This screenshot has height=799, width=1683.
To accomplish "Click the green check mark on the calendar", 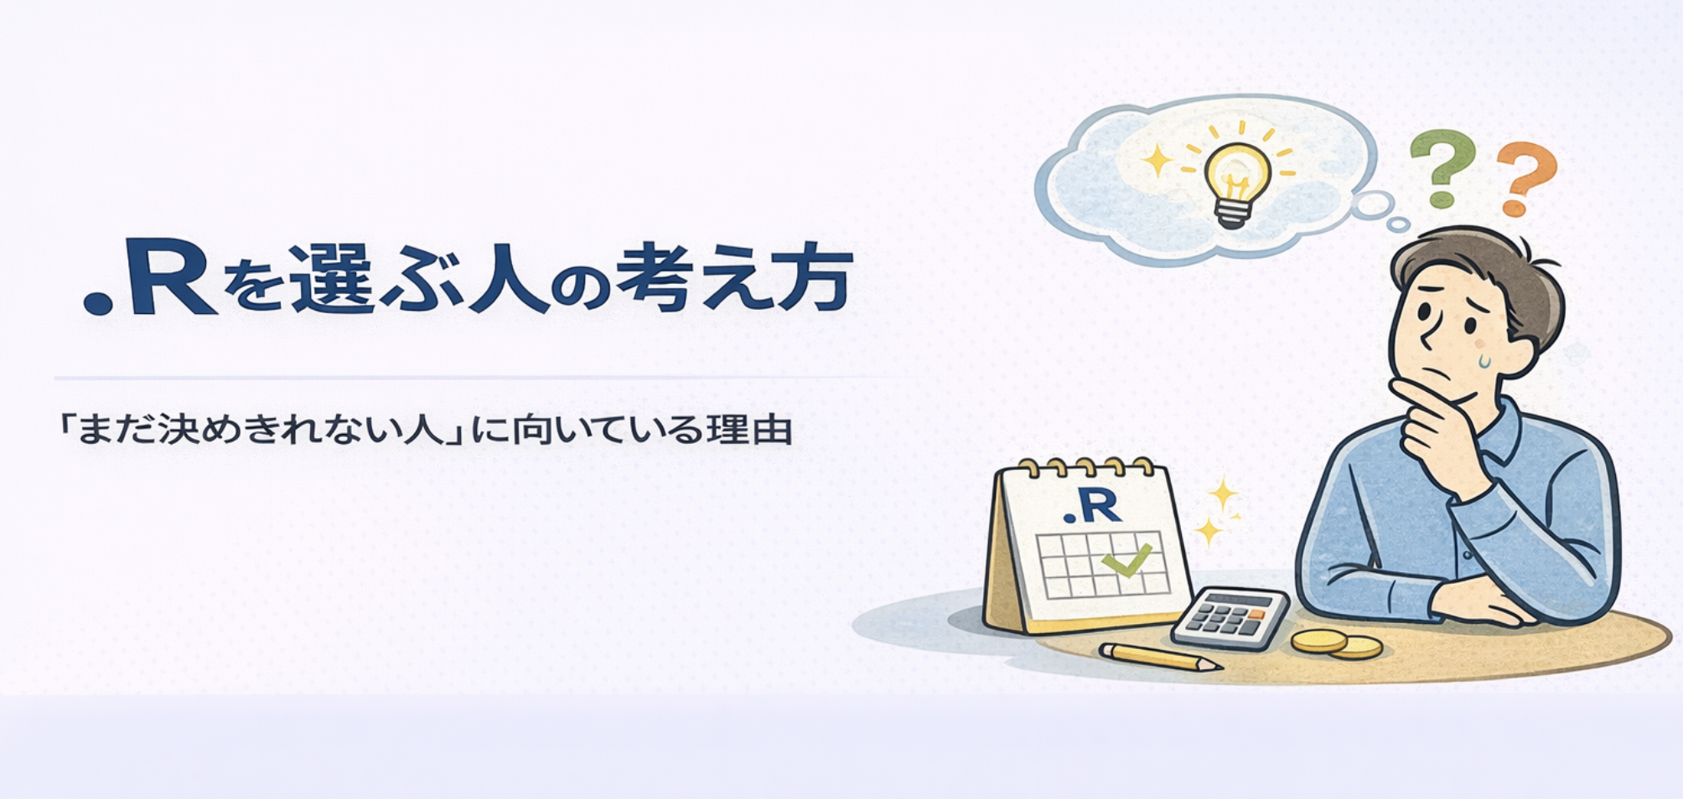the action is tap(1126, 559).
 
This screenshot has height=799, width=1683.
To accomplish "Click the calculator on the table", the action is tap(1230, 617).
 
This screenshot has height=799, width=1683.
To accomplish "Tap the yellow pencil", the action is tap(1160, 657).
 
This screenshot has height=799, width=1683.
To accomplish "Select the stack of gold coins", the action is tap(1336, 644).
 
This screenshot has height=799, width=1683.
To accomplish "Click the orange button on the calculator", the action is tap(1256, 615).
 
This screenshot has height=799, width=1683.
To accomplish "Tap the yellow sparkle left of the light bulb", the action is tap(1158, 159).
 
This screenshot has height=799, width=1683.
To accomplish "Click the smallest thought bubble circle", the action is tap(1398, 224).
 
